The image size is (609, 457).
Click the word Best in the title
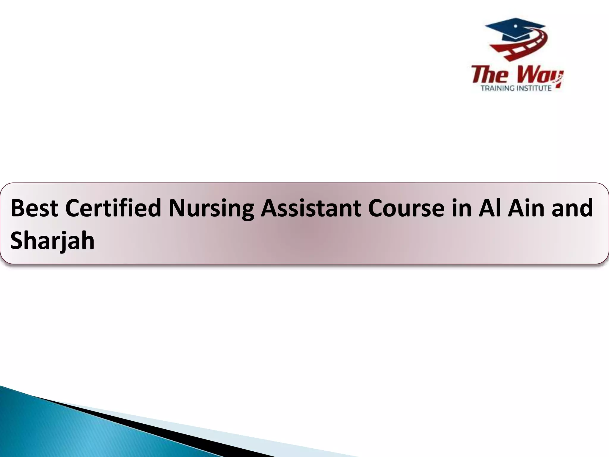pos(34,208)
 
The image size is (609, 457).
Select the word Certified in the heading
pos(113,208)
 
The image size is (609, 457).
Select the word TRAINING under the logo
pos(497,88)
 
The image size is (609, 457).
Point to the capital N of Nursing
pos(177,208)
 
